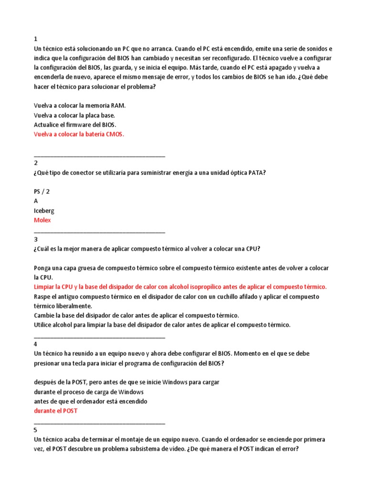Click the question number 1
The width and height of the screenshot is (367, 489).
pos(36,39)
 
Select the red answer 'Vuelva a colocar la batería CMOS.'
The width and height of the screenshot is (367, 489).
pos(79,134)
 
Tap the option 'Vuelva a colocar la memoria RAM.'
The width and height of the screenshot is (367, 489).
pos(80,106)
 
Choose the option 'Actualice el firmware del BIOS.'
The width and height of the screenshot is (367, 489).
pos(75,125)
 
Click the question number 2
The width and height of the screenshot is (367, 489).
pos(36,163)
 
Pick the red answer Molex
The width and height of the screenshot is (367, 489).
pos(42,220)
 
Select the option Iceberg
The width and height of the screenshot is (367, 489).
pos(44,211)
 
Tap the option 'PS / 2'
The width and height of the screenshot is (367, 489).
pos(42,191)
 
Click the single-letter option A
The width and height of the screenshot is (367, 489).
pos(36,201)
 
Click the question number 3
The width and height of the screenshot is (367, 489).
pos(36,239)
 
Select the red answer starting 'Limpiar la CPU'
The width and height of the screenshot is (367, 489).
pos(180,287)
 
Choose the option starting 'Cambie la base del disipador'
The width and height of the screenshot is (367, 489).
pos(136,316)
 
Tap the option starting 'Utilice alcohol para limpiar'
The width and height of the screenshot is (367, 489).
pos(162,325)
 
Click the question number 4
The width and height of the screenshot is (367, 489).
pos(36,344)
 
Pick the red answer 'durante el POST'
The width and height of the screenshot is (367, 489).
pos(55,411)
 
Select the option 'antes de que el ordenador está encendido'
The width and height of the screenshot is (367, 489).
pos(90,402)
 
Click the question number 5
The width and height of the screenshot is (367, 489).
pos(36,430)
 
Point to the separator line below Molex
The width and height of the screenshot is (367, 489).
pos(99,232)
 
